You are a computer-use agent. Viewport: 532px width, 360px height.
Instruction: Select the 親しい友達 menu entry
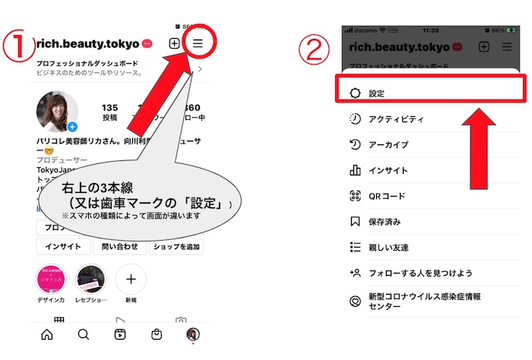pos(388,248)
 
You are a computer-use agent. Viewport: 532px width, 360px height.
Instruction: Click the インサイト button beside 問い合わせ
pos(63,247)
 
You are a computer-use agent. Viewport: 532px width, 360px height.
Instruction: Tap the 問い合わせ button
pos(119,247)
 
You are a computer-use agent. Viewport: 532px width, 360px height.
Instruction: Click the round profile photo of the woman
pos(57,112)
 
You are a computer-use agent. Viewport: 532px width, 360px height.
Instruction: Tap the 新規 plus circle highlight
pos(131,279)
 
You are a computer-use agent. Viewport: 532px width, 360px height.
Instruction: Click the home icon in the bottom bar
pos(47,335)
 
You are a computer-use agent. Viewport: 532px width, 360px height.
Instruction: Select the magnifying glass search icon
pos(84,335)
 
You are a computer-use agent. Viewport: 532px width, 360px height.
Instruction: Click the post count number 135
pos(110,108)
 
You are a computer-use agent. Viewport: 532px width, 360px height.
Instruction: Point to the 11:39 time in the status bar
pos(429,31)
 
